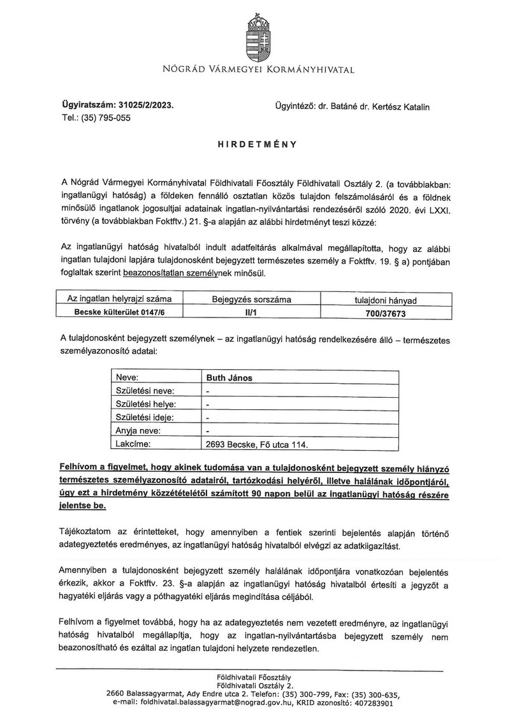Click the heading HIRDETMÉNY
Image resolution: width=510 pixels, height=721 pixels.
[x=254, y=145]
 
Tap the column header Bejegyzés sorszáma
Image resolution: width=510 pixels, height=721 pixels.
[x=256, y=300]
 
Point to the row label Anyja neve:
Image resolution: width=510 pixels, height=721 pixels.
[x=137, y=432]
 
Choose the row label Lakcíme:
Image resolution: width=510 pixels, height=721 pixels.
[x=133, y=445]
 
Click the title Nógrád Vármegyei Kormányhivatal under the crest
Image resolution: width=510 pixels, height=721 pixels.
[x=254, y=68]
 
